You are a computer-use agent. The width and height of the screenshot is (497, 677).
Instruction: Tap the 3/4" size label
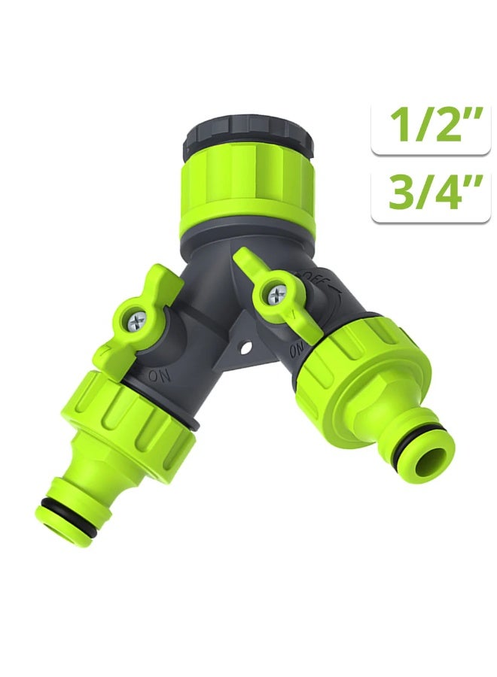point(431,193)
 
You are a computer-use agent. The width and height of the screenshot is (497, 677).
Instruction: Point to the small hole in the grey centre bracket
point(247,347)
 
